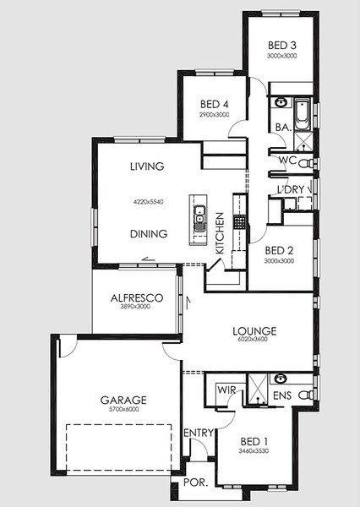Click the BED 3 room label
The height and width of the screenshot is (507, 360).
click(282, 46)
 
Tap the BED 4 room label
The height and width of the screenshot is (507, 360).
click(214, 104)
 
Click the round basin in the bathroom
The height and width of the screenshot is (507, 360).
click(281, 103)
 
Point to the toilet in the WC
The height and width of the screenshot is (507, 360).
click(305, 163)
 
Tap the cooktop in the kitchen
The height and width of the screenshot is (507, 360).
click(239, 221)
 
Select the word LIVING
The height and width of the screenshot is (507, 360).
click(147, 166)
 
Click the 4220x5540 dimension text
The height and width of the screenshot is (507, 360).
click(149, 202)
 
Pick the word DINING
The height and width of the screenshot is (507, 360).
click(149, 233)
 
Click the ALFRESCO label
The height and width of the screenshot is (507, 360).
click(137, 297)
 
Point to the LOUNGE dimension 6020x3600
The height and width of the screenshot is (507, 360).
click(254, 339)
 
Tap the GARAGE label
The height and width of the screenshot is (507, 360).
click(123, 400)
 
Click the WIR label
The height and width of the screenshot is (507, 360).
click(226, 390)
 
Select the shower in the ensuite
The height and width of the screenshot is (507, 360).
click(258, 389)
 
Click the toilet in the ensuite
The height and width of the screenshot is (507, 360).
click(306, 395)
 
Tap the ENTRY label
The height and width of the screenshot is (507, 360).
click(199, 433)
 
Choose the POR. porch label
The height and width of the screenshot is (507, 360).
click(195, 482)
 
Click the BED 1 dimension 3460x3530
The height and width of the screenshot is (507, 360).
click(254, 451)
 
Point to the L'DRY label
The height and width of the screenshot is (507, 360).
click(291, 189)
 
